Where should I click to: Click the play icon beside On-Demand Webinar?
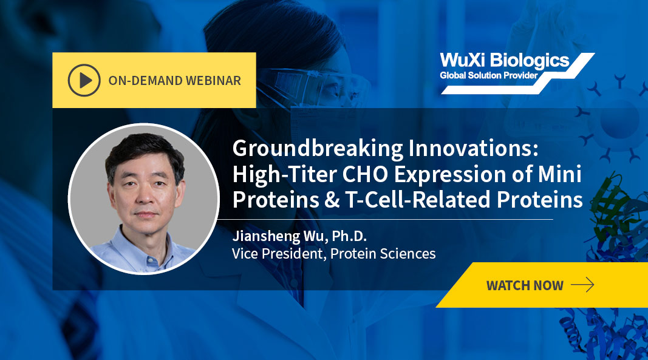point(84,80)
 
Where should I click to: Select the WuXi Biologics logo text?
point(505,60)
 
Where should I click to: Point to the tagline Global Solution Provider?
point(488,75)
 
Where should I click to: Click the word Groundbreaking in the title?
point(318,149)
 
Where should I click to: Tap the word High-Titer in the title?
point(284,174)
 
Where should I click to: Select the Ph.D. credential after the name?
point(349,236)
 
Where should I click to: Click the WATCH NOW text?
point(525,285)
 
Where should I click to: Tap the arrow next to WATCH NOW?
point(582,285)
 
